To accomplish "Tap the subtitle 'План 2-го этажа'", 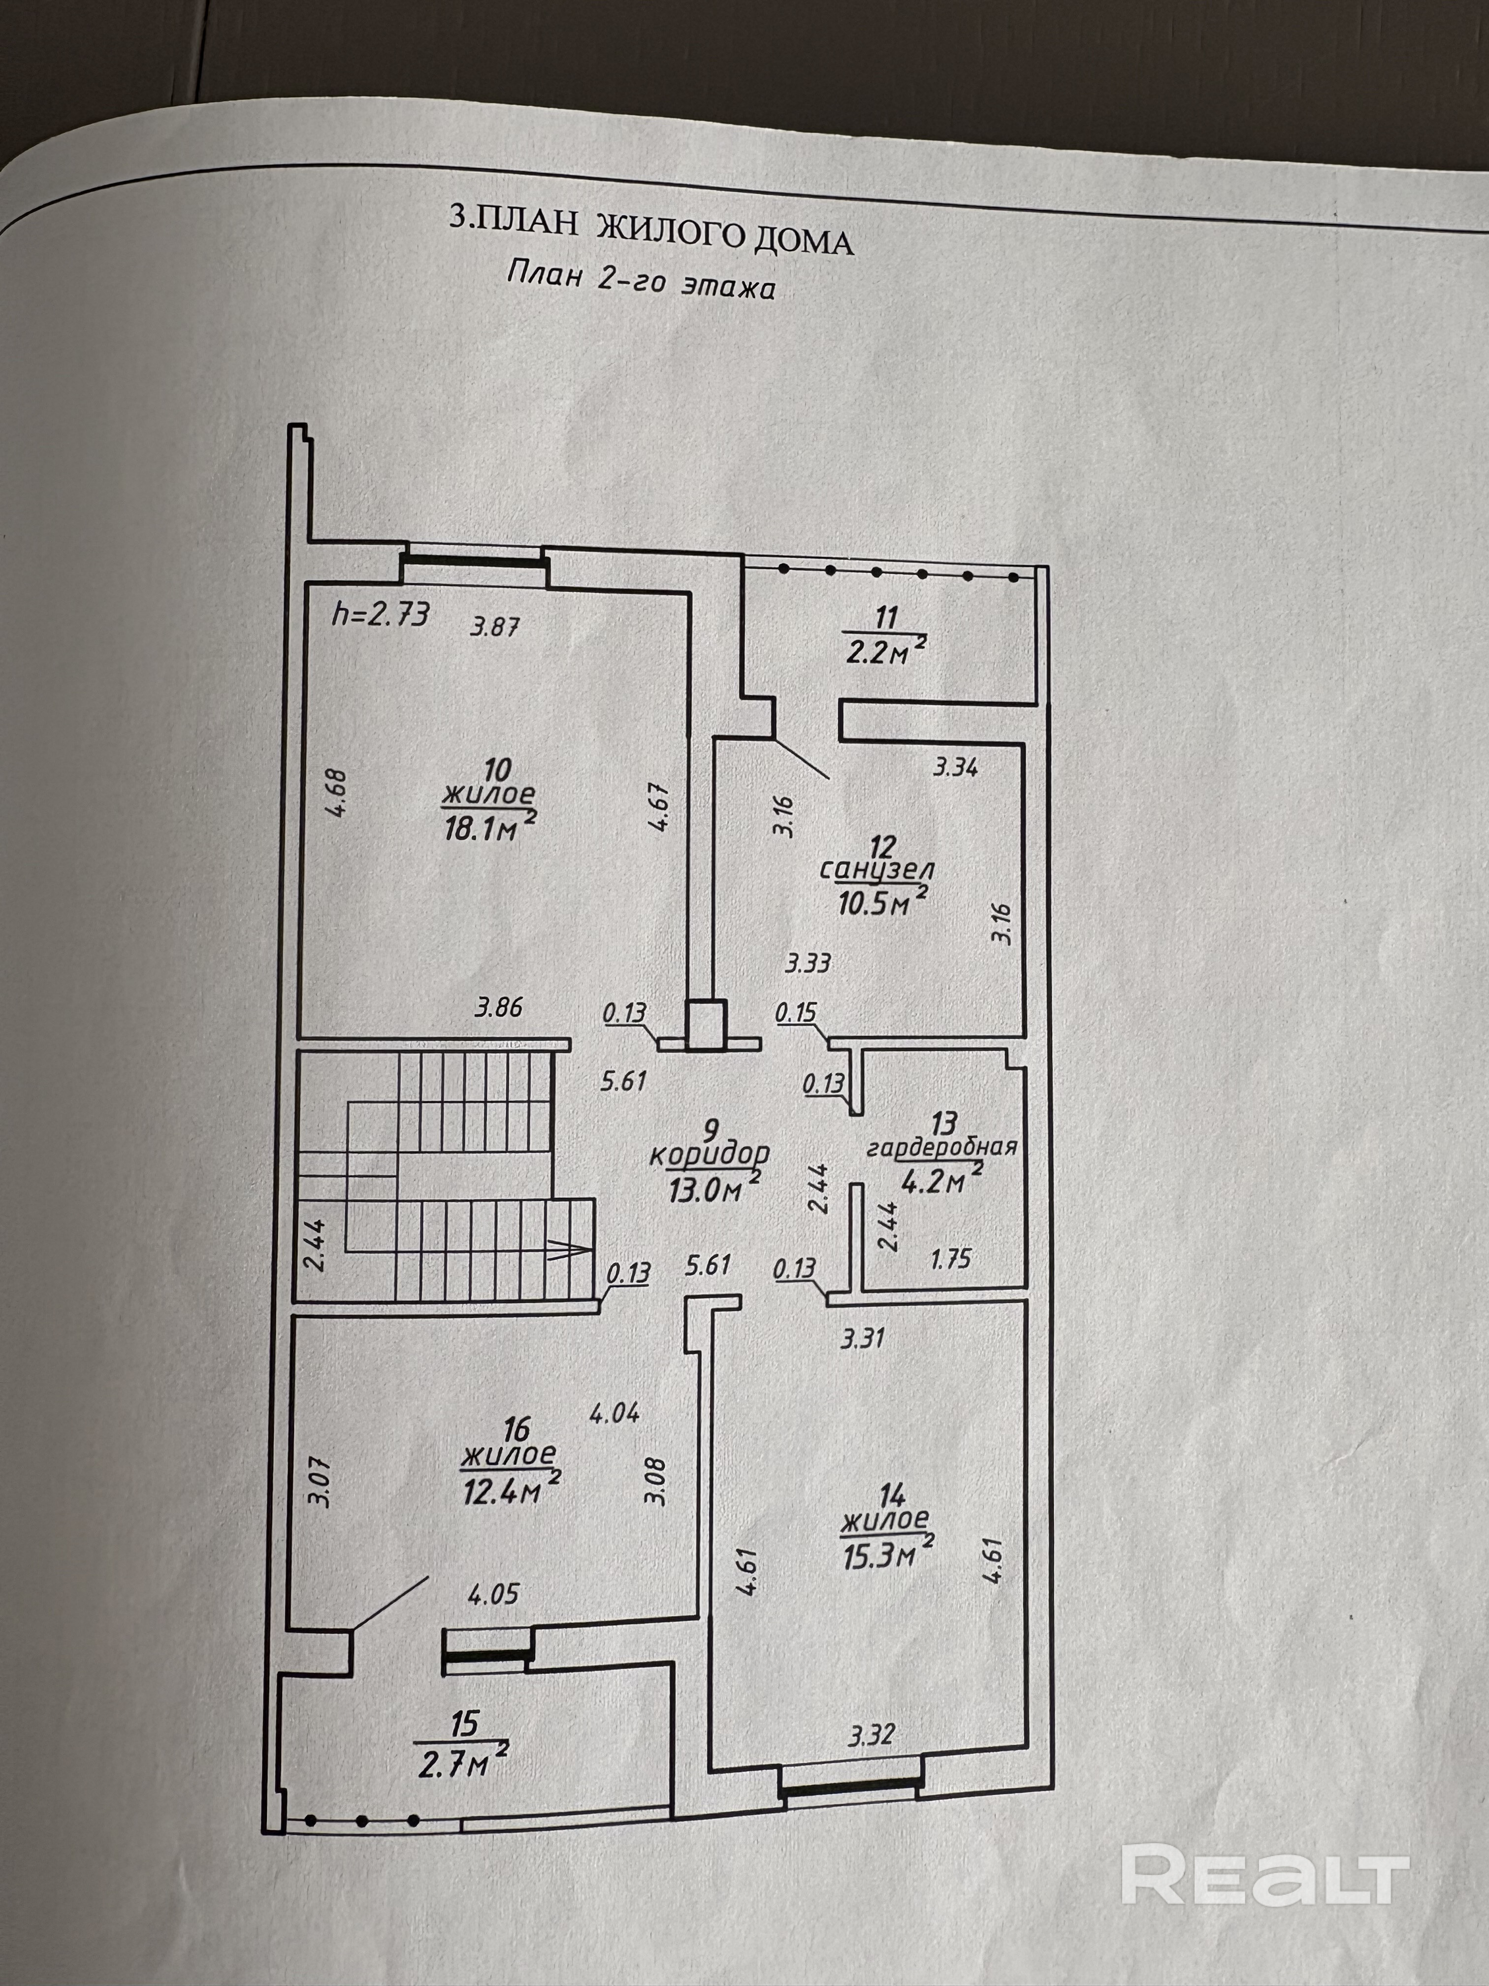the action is tap(641, 280).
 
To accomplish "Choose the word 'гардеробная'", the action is tap(940, 1148).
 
